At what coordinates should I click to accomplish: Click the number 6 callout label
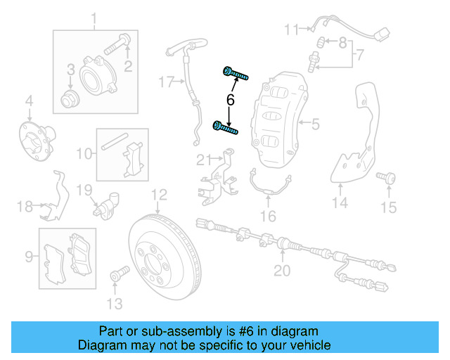point(230,101)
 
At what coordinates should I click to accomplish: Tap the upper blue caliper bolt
point(236,72)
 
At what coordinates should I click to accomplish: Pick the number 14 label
point(340,204)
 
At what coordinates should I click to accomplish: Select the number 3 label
point(71,69)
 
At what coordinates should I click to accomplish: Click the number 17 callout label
point(165,82)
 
